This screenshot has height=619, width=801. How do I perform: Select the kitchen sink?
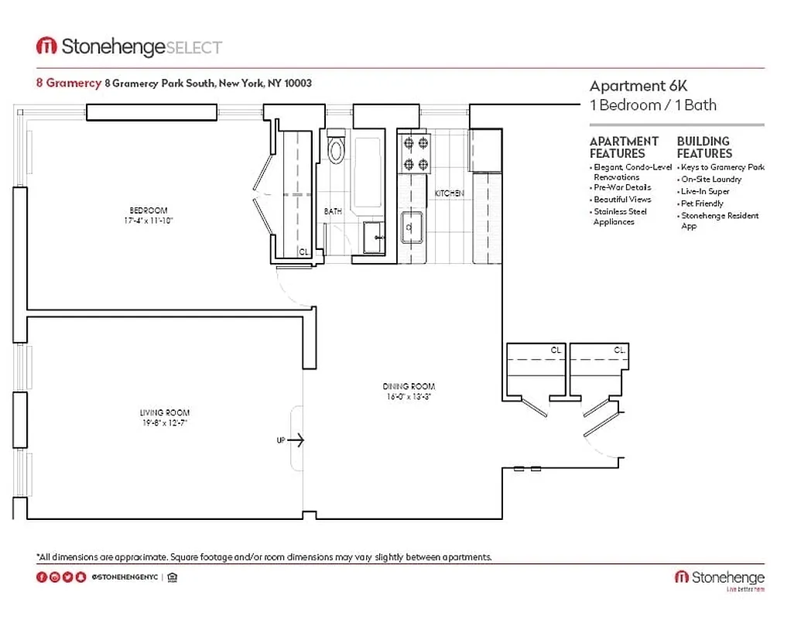pyautogui.click(x=409, y=227)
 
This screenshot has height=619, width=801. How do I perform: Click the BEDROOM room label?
pyautogui.click(x=148, y=210)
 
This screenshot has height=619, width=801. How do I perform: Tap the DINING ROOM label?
pyautogui.click(x=409, y=386)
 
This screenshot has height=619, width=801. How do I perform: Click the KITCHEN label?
pyautogui.click(x=449, y=193)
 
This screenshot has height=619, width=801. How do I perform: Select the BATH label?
pyautogui.click(x=333, y=210)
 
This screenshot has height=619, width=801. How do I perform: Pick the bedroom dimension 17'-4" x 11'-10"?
pyautogui.click(x=148, y=221)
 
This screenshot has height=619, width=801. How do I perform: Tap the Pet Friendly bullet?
pyautogui.click(x=702, y=203)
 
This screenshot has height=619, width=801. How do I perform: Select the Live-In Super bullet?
pyautogui.click(x=705, y=191)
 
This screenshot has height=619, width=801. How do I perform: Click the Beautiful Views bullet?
pyautogui.click(x=622, y=200)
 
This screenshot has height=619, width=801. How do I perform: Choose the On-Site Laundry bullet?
pyautogui.click(x=710, y=179)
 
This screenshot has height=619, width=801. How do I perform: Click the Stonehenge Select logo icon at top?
pyautogui.click(x=46, y=46)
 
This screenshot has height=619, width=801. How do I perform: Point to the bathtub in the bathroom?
pyautogui.click(x=367, y=170)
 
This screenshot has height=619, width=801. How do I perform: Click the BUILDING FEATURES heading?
pyautogui.click(x=703, y=147)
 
